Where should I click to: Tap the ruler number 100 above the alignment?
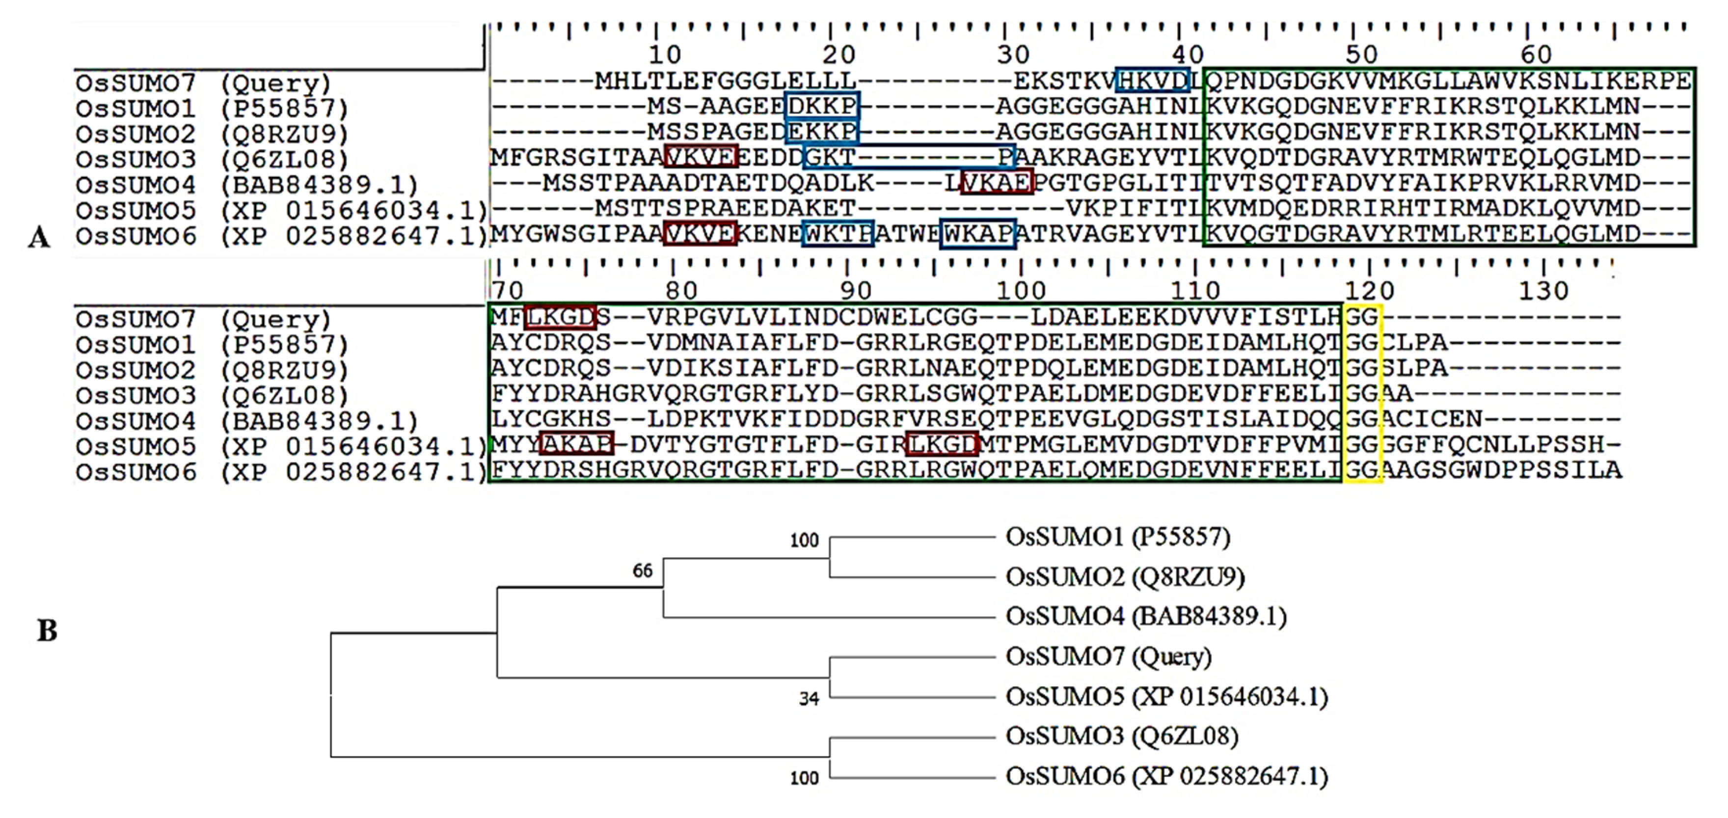[1021, 291]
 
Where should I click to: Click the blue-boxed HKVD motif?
[1153, 81]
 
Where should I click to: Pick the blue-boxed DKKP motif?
[822, 106]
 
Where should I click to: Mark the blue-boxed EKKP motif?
[822, 132]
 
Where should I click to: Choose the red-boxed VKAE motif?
[997, 183]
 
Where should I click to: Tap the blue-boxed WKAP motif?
[978, 234]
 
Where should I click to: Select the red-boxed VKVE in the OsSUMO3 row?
[701, 157]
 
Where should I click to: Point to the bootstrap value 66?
[643, 571]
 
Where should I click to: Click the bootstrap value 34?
[809, 699]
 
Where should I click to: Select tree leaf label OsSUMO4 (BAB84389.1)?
[1146, 616]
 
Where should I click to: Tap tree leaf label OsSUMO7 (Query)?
[1108, 656]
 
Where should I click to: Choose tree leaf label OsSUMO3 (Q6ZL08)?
[1122, 736]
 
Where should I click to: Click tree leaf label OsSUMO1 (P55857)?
[1118, 537]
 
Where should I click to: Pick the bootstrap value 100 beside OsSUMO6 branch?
[804, 778]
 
